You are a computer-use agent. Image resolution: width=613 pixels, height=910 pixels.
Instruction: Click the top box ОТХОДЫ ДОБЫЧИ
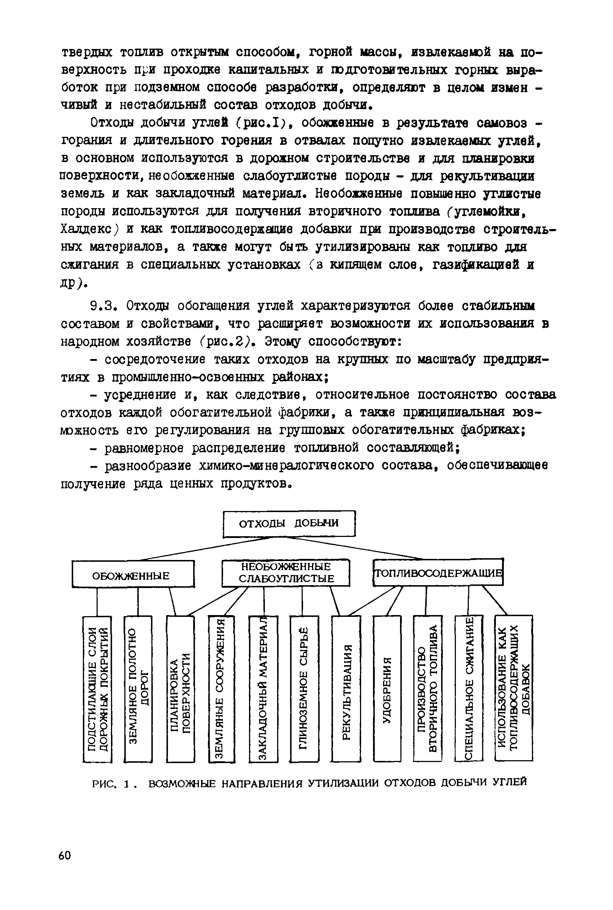[289, 523]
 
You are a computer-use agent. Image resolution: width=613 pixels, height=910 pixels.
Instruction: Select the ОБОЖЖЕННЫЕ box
[133, 574]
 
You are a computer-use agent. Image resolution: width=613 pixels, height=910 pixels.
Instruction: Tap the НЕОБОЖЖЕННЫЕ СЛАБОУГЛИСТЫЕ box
[286, 573]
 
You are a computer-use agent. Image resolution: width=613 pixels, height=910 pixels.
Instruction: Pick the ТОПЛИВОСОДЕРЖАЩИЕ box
[438, 573]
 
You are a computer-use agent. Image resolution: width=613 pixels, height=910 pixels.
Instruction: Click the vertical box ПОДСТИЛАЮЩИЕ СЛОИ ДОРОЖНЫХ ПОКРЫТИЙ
[97, 689]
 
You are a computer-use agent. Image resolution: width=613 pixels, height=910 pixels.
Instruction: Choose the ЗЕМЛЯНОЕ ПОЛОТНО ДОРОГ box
[138, 689]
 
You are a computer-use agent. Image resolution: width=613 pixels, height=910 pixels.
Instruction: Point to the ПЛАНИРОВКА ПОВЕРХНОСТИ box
[180, 689]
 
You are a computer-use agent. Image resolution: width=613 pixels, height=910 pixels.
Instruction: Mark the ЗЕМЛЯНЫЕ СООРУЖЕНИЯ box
[222, 689]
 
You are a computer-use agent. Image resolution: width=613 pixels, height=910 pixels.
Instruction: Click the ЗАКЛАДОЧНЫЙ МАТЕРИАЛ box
[263, 689]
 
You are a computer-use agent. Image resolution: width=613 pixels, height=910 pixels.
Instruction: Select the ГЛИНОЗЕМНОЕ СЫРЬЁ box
[304, 689]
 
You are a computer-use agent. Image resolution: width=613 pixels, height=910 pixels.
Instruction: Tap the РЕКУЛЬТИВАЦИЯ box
[346, 689]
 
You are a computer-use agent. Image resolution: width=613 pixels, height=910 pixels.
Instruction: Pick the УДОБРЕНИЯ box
[387, 689]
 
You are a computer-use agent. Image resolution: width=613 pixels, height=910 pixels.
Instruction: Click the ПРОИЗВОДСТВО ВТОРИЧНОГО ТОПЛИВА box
[428, 689]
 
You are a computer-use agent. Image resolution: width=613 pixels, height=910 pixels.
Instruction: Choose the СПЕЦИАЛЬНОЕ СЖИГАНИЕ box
[469, 689]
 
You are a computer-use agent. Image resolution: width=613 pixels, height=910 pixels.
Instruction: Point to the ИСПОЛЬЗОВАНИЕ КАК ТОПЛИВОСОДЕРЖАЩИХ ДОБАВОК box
[514, 689]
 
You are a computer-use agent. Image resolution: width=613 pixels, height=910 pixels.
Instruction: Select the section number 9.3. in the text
[103, 306]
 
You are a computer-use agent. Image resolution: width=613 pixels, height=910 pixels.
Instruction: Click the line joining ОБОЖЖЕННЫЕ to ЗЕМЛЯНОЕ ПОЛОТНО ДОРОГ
[138, 601]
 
